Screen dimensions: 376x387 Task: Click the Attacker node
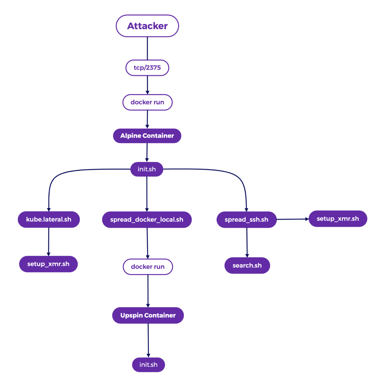tap(147, 26)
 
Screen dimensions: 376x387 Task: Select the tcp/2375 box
tap(147, 68)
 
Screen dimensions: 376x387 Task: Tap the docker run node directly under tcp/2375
tap(147, 102)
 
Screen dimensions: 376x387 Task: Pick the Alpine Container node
tap(147, 136)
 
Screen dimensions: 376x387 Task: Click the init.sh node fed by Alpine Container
tap(147, 170)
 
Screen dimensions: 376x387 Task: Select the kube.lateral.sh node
tap(49, 220)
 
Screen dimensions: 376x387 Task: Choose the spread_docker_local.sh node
tap(147, 220)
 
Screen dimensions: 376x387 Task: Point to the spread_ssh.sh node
tap(247, 220)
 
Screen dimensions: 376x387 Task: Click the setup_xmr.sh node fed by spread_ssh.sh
tap(338, 219)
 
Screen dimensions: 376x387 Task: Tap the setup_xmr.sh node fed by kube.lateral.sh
tap(48, 264)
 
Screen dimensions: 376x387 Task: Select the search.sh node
tap(247, 265)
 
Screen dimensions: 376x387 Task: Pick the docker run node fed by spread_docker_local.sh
tap(148, 267)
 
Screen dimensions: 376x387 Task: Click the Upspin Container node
tap(148, 315)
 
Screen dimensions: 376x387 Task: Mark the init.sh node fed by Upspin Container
tap(149, 365)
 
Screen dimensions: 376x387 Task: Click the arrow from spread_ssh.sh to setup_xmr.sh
tap(293, 219)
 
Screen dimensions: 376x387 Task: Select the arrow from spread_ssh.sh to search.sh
tap(247, 242)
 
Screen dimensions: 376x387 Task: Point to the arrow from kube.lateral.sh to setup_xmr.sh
tap(49, 241)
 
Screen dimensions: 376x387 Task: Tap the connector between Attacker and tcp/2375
tap(147, 48)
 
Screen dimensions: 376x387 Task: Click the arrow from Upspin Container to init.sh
tap(148, 340)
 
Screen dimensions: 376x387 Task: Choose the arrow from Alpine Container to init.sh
tap(147, 153)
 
